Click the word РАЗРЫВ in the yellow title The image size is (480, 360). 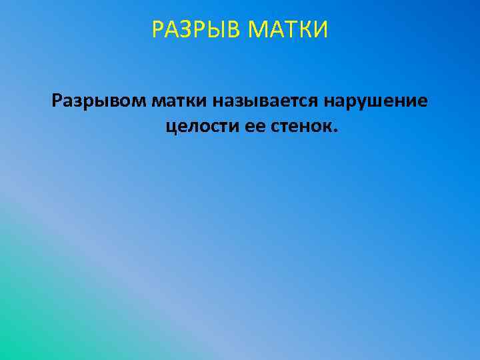point(193,30)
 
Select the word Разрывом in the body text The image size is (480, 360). point(99,102)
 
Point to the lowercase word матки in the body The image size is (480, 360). point(179,102)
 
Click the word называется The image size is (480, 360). point(267,102)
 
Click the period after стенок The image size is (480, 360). point(335,129)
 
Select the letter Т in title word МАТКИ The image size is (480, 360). point(286,30)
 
